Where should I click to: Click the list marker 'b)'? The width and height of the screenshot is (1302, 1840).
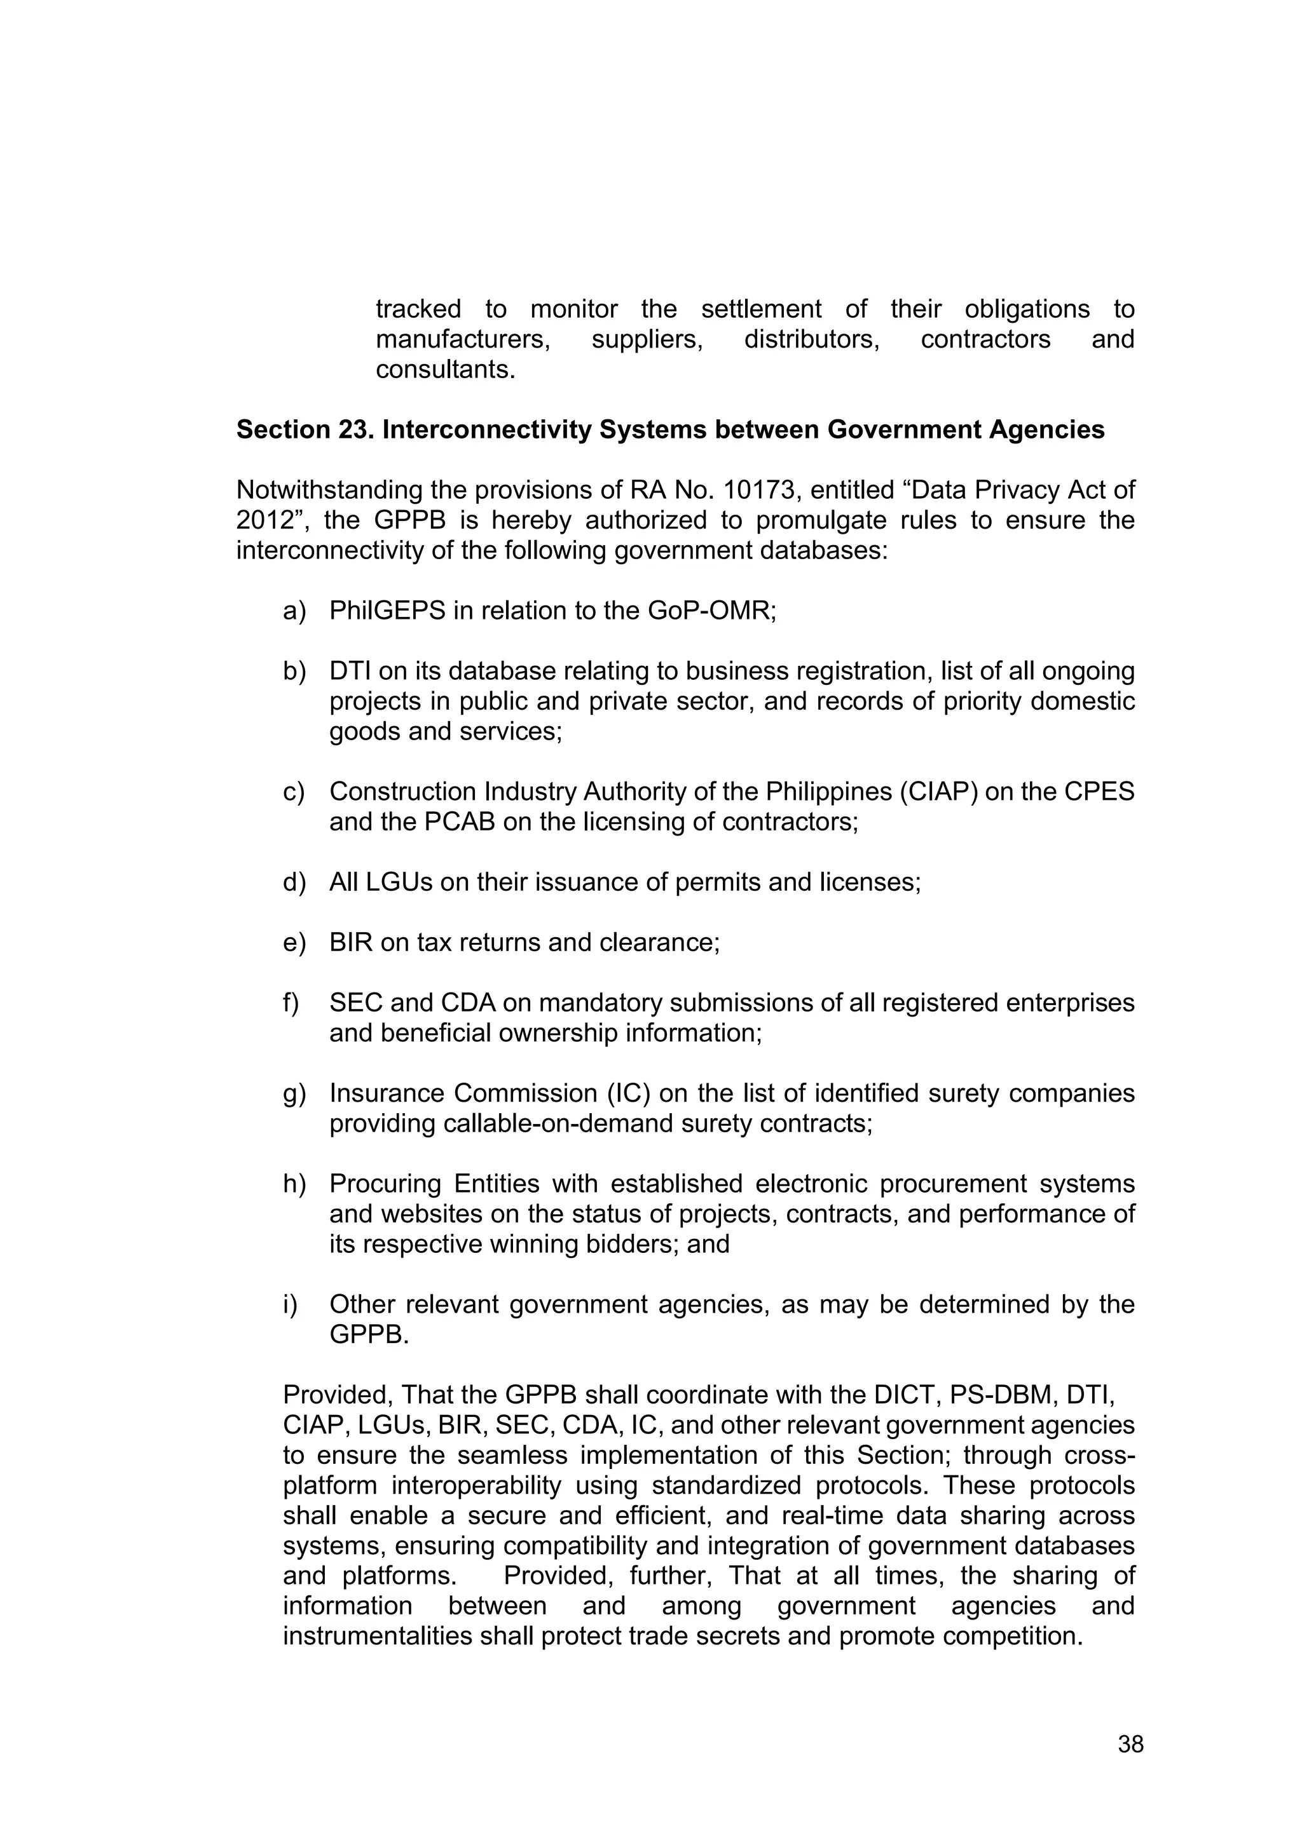click(x=294, y=672)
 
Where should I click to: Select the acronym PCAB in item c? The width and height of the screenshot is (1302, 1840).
click(x=460, y=822)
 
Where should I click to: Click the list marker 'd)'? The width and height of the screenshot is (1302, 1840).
click(x=294, y=883)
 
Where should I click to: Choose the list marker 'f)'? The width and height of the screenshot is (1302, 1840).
click(x=292, y=1003)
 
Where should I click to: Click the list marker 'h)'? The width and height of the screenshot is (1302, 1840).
click(x=294, y=1184)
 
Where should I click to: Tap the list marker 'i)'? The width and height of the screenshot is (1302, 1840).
click(x=291, y=1304)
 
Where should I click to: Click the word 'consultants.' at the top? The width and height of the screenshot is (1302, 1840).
click(x=445, y=370)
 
